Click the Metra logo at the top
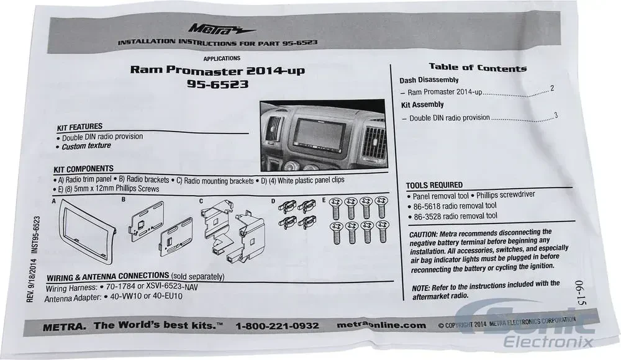(222, 29)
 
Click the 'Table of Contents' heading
(478, 67)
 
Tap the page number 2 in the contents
(552, 88)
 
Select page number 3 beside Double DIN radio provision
(556, 115)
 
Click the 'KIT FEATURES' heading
(79, 127)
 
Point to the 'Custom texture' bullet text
(86, 146)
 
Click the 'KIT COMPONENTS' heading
(84, 169)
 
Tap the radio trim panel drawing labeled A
(88, 230)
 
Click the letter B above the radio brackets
(124, 200)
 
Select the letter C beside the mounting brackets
(201, 201)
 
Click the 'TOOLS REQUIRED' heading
(434, 185)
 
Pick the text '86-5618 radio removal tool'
(455, 206)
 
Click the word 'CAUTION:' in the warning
(424, 235)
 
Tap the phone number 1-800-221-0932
(277, 326)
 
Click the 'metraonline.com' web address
(381, 325)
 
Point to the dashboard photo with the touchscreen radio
(323, 135)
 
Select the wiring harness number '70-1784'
(120, 287)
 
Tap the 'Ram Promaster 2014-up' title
(217, 71)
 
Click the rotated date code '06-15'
(579, 293)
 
